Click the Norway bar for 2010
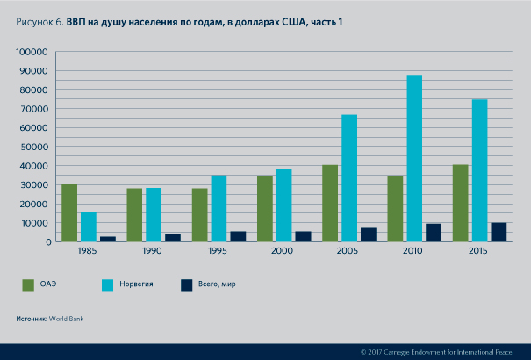pyautogui.click(x=414, y=158)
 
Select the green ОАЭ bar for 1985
pyautogui.click(x=69, y=212)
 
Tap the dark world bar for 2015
pyautogui.click(x=499, y=232)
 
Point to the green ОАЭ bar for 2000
pyautogui.click(x=265, y=209)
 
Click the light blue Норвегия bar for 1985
pyautogui.click(x=89, y=226)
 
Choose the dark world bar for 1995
pyautogui.click(x=238, y=236)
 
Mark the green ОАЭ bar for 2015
pyautogui.click(x=460, y=203)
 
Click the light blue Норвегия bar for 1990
pyautogui.click(x=154, y=214)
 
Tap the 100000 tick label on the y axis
pyautogui.click(x=32, y=52)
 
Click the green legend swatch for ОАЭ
pyautogui.click(x=28, y=284)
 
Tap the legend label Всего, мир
pyautogui.click(x=216, y=284)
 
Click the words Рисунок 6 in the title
pyautogui.click(x=38, y=22)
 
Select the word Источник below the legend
pyautogui.click(x=32, y=318)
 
